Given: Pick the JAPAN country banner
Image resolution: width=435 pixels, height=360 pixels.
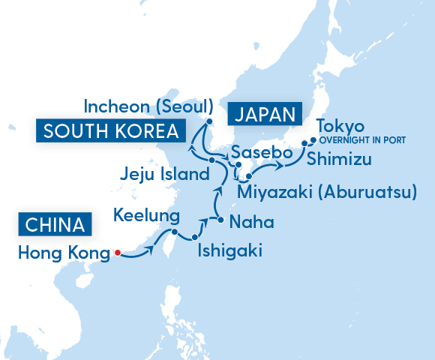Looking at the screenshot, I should click(265, 114).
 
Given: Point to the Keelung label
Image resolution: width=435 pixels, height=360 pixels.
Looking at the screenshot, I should click(146, 217).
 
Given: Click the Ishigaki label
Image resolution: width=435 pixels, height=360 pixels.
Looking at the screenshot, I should click(229, 250).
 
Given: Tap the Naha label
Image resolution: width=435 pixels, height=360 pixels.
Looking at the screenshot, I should click(251, 222).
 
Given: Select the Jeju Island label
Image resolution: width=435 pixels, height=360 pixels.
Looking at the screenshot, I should click(163, 175).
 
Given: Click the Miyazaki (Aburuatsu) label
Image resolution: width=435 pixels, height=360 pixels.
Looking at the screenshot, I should click(326, 193).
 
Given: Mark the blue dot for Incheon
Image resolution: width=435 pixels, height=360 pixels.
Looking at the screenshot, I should click(210, 121).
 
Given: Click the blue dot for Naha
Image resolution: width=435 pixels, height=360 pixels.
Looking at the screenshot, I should click(220, 220).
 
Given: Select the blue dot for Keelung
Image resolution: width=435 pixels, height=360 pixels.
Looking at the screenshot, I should click(173, 233).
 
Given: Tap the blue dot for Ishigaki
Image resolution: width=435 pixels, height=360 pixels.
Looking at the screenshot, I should click(195, 239).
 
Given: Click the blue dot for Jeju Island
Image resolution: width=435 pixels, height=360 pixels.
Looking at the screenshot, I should click(212, 160).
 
